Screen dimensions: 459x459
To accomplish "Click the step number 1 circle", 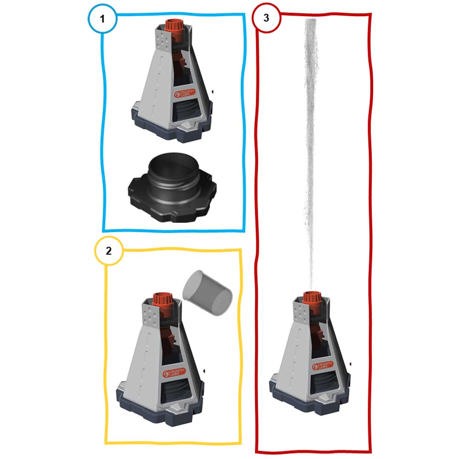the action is pos(102,19).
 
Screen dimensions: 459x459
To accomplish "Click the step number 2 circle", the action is pos(109,251).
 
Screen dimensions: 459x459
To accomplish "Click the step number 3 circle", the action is pos(266,17).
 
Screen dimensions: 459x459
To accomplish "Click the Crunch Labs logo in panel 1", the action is pos(184,93).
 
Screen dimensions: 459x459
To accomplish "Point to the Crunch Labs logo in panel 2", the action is pos(174,373).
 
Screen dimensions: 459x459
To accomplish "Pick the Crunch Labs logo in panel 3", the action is pos(322,365).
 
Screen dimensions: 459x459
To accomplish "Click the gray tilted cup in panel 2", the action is pos(207,293).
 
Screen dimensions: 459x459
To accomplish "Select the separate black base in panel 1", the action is pos(172,188).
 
